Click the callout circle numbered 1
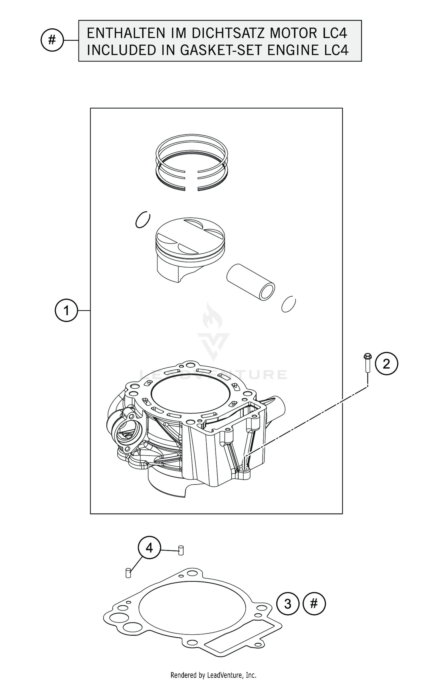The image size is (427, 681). pos(66,310)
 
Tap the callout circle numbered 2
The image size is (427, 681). pos(386,364)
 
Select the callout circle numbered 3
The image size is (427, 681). pos(288,604)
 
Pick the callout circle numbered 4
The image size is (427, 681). pos(149,548)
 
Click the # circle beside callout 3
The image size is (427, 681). pos(314,603)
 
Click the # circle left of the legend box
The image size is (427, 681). pos(52,40)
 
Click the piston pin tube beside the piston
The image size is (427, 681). pos(251,282)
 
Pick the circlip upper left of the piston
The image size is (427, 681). pos(143,220)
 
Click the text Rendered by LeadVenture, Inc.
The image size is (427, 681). pos(213,675)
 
